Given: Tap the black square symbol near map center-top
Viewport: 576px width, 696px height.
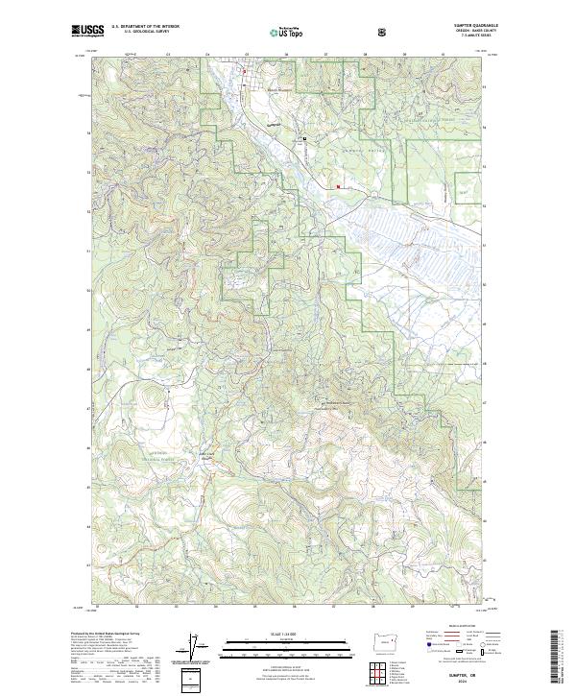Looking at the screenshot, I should (x=304, y=138).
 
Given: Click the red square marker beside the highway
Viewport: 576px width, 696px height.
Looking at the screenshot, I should (x=337, y=186).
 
